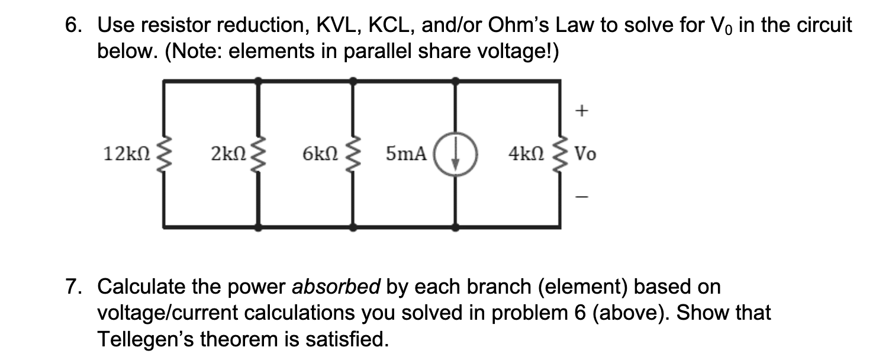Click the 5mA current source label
[x=406, y=155]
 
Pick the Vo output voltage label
[x=587, y=155]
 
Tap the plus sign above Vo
[x=582, y=110]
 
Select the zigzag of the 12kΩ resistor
[x=164, y=155]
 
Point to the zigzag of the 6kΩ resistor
[x=353, y=155]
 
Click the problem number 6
[x=72, y=25]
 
